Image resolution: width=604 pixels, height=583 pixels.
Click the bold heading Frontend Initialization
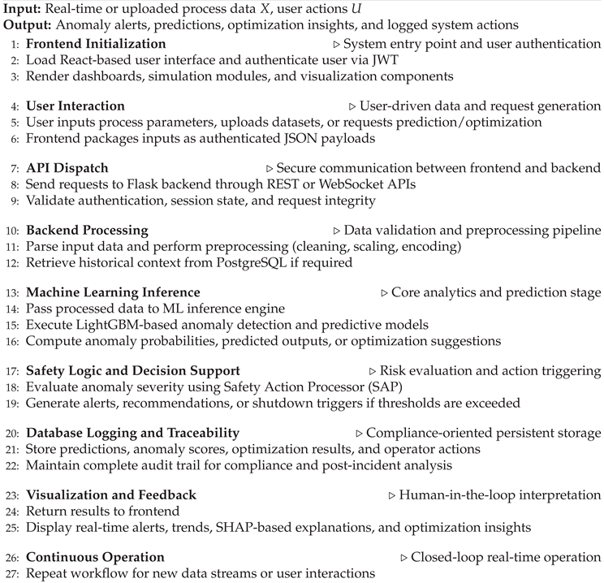96,44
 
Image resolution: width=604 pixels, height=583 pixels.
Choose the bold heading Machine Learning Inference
113,292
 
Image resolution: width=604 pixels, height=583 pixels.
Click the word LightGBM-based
123,324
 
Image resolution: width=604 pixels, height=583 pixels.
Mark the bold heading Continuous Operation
95,557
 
